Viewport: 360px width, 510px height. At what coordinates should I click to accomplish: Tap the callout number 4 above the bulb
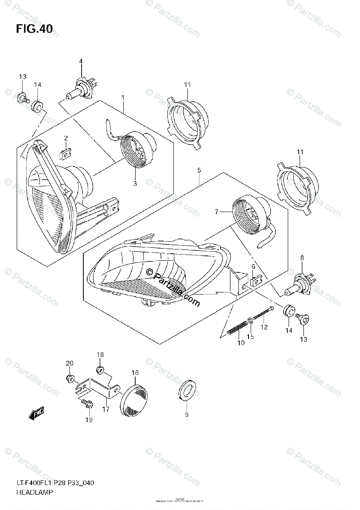point(80,62)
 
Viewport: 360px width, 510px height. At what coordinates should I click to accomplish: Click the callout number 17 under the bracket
point(105,409)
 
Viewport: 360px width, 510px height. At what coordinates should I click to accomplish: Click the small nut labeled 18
point(100,370)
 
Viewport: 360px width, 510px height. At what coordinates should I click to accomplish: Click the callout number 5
point(199,171)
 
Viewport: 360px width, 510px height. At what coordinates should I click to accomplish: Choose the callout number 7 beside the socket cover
point(216,212)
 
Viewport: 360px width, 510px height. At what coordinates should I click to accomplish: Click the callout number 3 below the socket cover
point(135,184)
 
